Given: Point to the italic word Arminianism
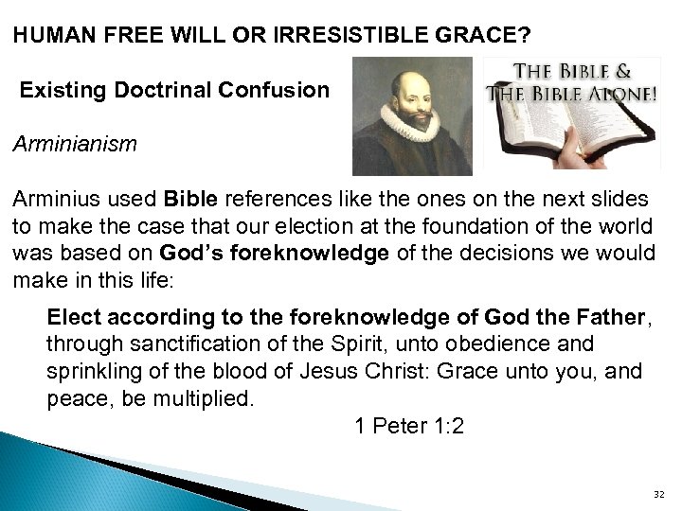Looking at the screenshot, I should point(75,146).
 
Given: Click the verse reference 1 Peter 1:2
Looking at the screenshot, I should point(409,426).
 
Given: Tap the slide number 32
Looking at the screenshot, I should point(659,494).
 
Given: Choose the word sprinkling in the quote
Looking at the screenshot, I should point(93,371).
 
